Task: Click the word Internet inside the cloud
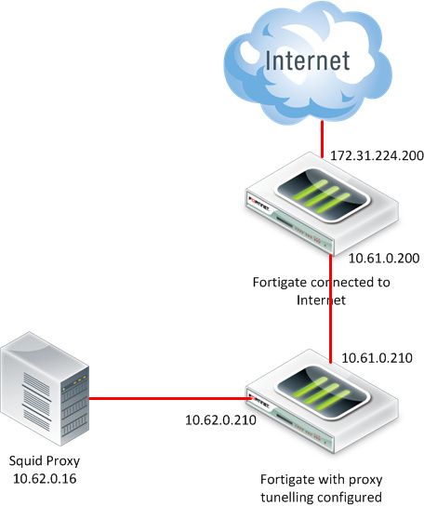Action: (x=308, y=61)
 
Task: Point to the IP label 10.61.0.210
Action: (x=377, y=356)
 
